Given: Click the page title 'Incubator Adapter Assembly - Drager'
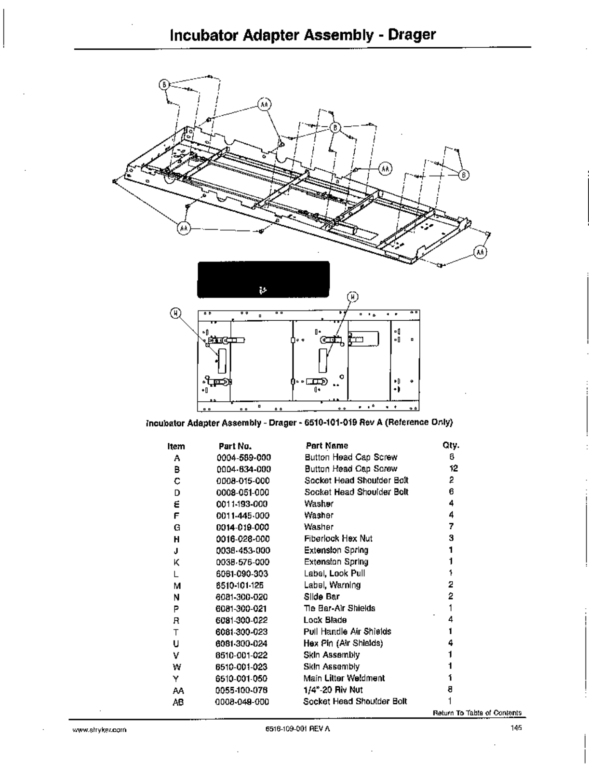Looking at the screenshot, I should (x=303, y=35).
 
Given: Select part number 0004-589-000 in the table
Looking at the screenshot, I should (x=243, y=457).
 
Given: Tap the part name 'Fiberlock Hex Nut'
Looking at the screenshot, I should (x=338, y=538).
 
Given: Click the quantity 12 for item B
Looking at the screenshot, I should (x=453, y=468).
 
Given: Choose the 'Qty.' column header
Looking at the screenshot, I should (x=451, y=445).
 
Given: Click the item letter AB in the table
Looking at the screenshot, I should (x=178, y=702).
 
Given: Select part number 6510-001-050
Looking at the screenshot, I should (x=241, y=679).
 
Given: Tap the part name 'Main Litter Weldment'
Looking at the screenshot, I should (x=344, y=678).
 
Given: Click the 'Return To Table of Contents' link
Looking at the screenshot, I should (x=477, y=712).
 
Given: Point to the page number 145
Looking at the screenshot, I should (x=516, y=728).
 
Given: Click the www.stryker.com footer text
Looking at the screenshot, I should (x=99, y=730).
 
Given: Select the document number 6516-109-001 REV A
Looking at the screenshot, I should (x=297, y=729).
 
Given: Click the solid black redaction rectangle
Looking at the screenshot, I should (x=263, y=280).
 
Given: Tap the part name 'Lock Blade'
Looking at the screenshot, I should (x=325, y=620).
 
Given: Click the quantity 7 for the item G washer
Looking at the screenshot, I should (x=451, y=527).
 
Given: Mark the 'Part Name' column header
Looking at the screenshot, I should (x=326, y=446).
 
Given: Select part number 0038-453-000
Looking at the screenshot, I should (x=243, y=550).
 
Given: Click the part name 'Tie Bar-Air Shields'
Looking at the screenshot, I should (x=339, y=608).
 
